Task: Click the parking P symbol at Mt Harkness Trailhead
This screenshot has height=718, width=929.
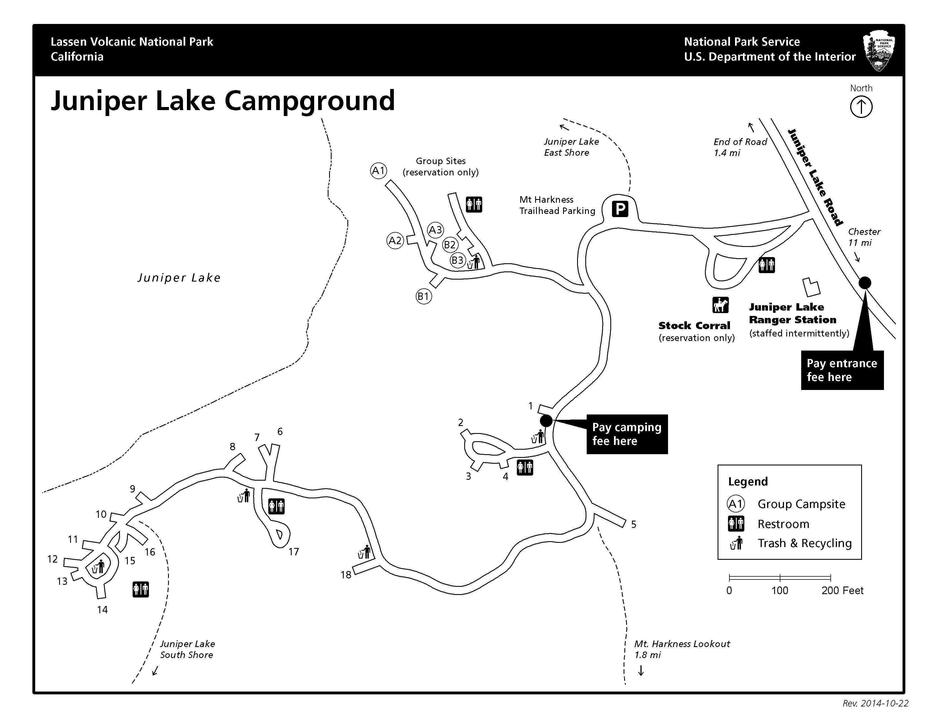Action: coord(620,209)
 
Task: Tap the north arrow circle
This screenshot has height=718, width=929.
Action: coord(861,107)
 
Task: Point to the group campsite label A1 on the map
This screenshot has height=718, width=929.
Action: coord(378,171)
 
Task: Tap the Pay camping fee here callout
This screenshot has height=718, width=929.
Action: coord(627,434)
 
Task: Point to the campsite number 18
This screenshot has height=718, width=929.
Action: coord(346,575)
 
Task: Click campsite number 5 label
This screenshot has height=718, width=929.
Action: coord(633,525)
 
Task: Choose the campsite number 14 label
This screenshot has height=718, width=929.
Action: coord(102,610)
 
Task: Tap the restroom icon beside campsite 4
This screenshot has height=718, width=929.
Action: coord(525,467)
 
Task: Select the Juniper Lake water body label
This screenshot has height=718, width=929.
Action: coord(179,278)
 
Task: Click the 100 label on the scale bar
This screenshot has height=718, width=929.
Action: coord(780,590)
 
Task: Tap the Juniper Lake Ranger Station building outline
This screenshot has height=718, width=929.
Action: coord(811,287)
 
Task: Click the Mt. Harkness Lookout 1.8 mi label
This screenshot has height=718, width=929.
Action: coord(682,649)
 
